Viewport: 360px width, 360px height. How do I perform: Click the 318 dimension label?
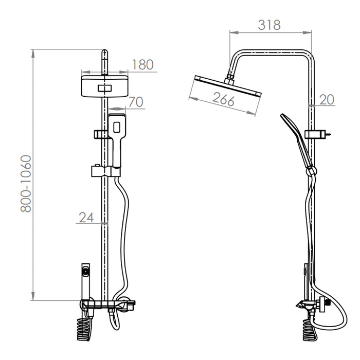[x=269, y=25]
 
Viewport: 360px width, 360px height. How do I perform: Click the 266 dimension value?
[x=223, y=99]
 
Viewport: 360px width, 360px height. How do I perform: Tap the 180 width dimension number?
[x=143, y=64]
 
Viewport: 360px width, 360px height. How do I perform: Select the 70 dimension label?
[x=136, y=102]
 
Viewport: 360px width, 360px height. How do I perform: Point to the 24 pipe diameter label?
[x=86, y=218]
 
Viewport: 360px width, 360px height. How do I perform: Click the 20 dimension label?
[x=327, y=100]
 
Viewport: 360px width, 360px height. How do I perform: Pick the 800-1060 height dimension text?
[x=26, y=184]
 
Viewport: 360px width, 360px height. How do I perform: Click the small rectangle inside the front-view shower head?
[x=105, y=88]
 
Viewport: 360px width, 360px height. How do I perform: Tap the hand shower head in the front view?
[x=117, y=127]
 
